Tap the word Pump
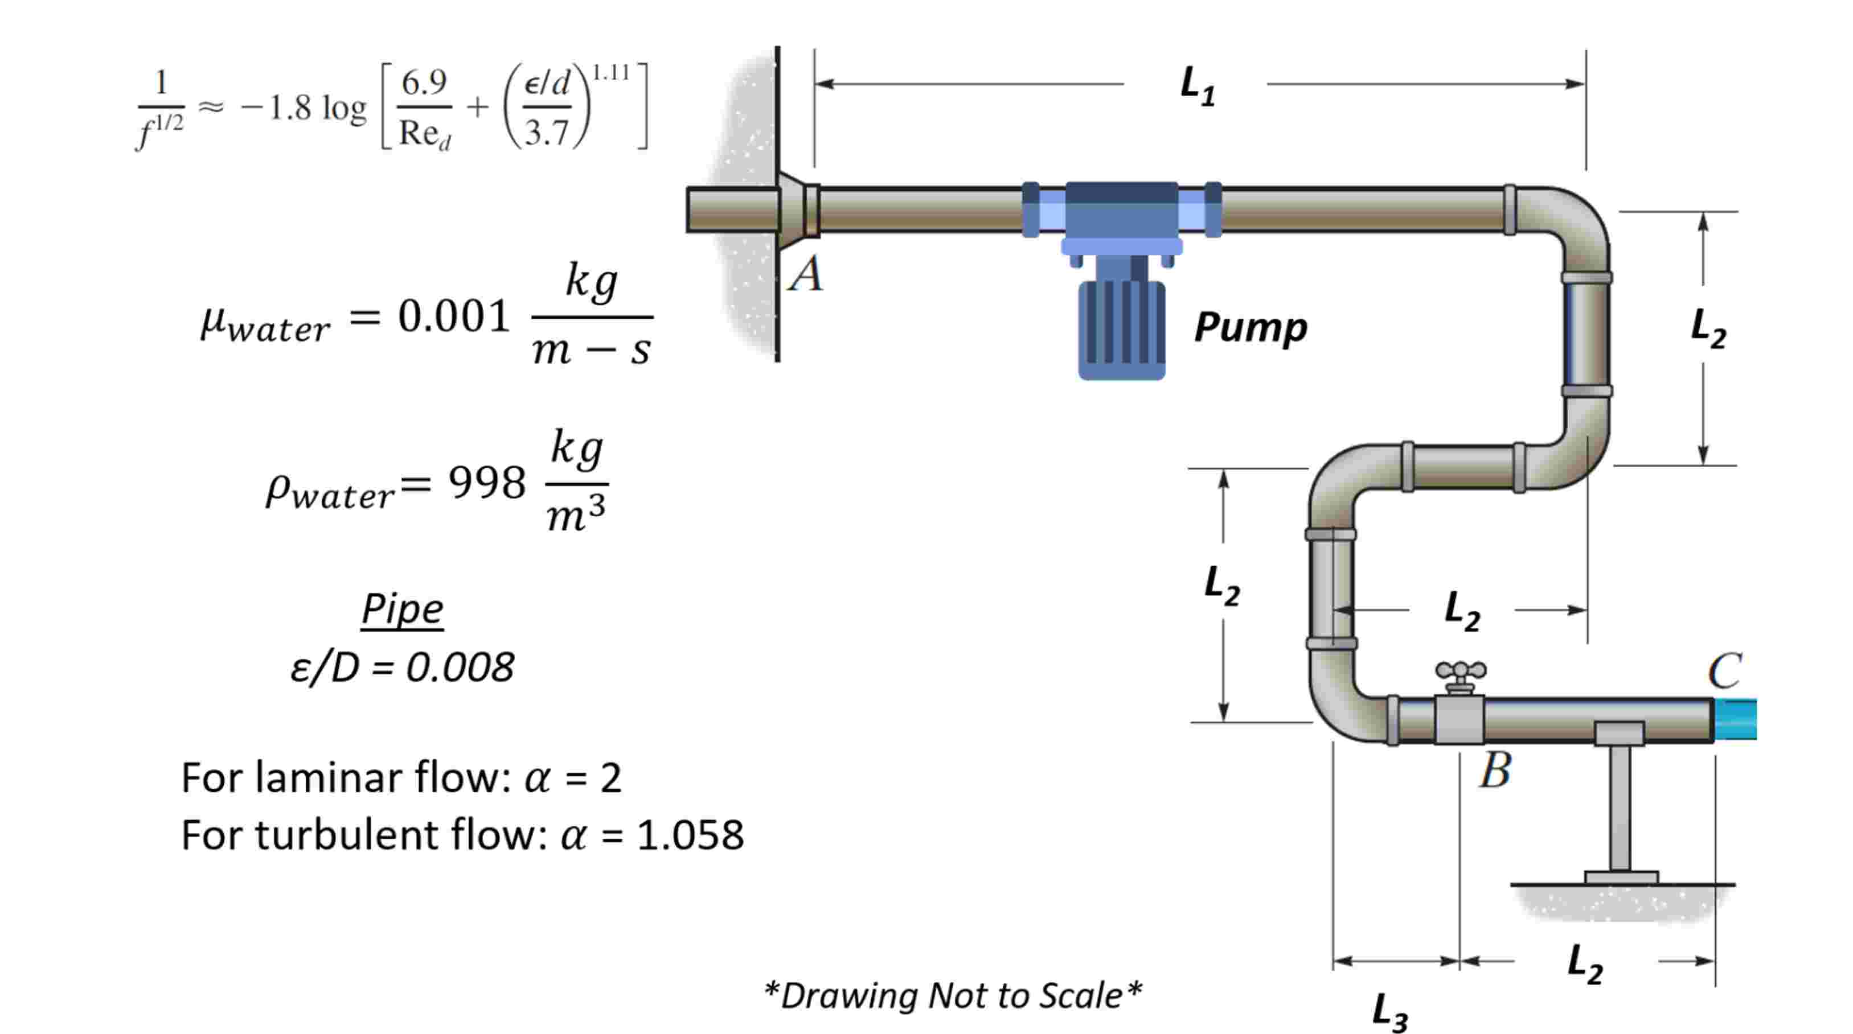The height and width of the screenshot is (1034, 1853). (1250, 327)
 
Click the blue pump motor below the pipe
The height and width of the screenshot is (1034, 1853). (1121, 329)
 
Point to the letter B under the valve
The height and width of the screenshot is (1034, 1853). (1495, 771)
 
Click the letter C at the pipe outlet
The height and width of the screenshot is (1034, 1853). (1725, 671)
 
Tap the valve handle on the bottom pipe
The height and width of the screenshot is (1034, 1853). (1460, 672)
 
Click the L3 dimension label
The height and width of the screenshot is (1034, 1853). (1389, 1012)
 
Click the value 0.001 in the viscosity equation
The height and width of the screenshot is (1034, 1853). (454, 316)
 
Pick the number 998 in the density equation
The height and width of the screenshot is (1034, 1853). (486, 483)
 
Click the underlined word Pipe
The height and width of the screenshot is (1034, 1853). (402, 609)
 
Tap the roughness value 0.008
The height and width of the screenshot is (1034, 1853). (460, 668)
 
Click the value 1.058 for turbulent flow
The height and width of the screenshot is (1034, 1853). (690, 835)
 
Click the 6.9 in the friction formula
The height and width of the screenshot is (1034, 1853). (424, 83)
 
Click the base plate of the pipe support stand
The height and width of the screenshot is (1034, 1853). (1621, 878)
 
